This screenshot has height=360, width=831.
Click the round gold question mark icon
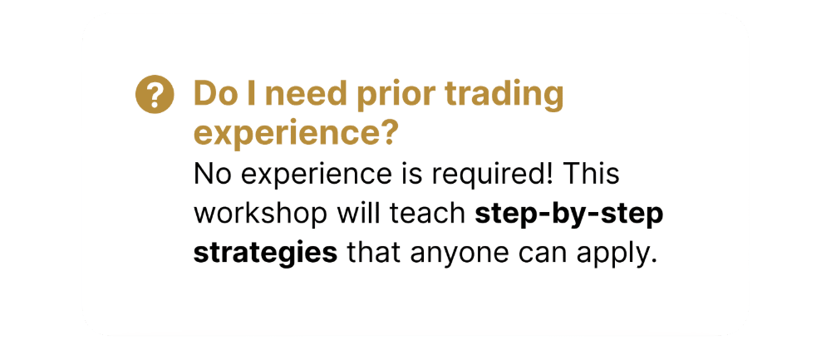pos(155,95)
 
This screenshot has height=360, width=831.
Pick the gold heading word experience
pos(295,135)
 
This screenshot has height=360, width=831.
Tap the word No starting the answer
pos(209,175)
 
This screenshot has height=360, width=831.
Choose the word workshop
pos(261,215)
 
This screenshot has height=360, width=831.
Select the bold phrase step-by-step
pos(569,215)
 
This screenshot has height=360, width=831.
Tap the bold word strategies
pos(266,254)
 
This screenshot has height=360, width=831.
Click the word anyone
pos(457,254)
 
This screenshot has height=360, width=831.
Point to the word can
pos(541,254)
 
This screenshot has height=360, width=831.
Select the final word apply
pos(616,254)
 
